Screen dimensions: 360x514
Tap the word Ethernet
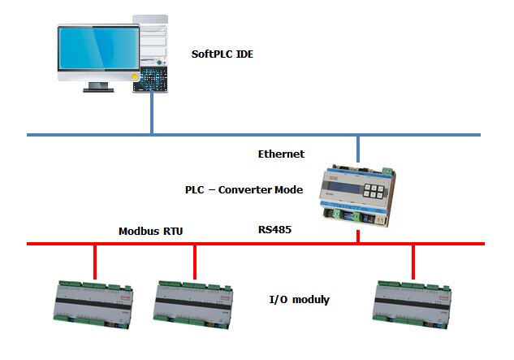(281, 154)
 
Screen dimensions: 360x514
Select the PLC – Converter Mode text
(244, 190)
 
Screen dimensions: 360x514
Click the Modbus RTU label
(151, 232)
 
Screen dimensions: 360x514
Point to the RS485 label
(273, 231)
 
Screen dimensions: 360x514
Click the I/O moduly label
(299, 300)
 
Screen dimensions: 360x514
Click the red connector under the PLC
(358, 236)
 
